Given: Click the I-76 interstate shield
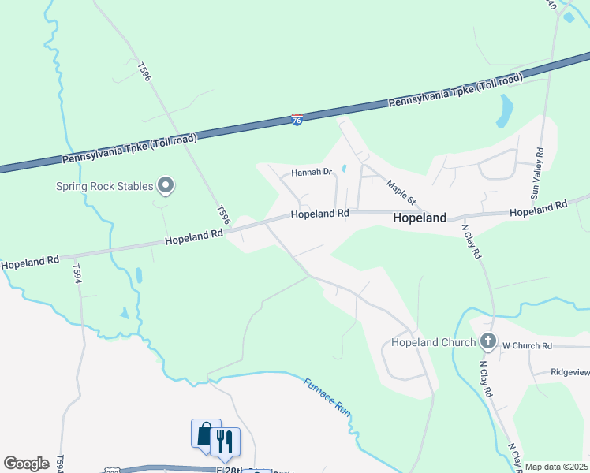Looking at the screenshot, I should [x=297, y=120].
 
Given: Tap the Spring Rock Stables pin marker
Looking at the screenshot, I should [x=166, y=186].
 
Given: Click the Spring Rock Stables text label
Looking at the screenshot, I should [x=104, y=187].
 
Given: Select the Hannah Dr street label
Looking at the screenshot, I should [x=313, y=172].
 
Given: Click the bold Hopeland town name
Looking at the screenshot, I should [x=420, y=218].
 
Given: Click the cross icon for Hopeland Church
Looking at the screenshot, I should [x=488, y=342].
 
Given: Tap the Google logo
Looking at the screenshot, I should [x=26, y=463].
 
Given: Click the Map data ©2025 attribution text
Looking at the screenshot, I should [x=556, y=467].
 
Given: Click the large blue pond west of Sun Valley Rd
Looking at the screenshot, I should [x=505, y=111].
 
